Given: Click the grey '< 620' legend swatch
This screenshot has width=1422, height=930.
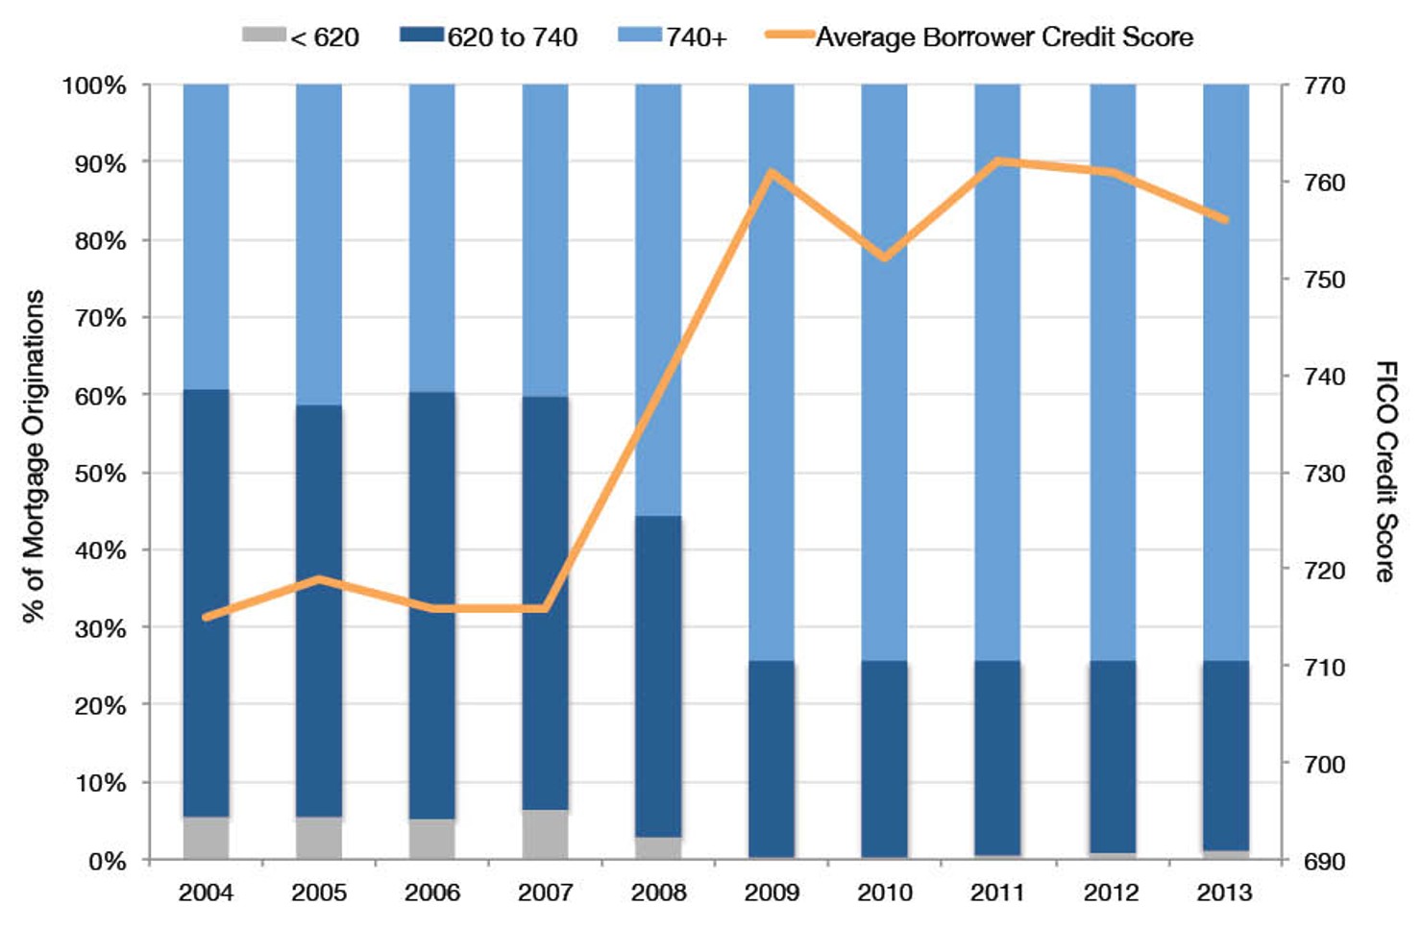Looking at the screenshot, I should click(263, 36).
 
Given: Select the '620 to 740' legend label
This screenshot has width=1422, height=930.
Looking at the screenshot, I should click(512, 37).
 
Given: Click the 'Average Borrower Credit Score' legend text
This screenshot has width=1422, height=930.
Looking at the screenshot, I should click(1004, 37).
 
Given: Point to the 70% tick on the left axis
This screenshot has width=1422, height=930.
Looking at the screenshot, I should click(101, 318).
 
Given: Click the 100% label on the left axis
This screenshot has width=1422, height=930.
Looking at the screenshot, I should click(94, 86).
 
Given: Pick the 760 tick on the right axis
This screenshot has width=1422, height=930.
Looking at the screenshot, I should click(1324, 183).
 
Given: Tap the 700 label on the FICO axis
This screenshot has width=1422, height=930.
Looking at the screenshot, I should click(1324, 765).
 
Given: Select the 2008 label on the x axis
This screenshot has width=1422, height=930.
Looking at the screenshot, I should click(658, 893).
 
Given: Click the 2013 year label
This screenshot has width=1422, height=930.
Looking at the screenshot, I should click(1224, 893).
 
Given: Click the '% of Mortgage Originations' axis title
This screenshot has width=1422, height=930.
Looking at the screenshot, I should click(34, 456).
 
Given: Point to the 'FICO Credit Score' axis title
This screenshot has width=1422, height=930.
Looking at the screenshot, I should click(1385, 471).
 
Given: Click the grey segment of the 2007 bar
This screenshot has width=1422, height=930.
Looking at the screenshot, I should click(545, 834).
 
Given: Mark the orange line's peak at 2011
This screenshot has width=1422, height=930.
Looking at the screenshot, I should click(998, 161).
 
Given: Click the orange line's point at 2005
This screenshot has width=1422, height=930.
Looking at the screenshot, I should click(319, 579).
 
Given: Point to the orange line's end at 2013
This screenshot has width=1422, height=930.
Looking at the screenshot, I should click(1225, 220).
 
